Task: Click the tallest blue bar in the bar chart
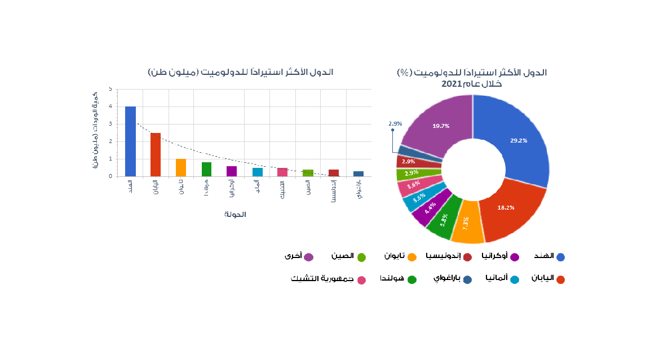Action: pyautogui.click(x=130, y=141)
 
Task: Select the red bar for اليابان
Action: pyautogui.click(x=156, y=154)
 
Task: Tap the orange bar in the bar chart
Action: pyautogui.click(x=181, y=167)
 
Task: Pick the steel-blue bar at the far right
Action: pyautogui.click(x=359, y=174)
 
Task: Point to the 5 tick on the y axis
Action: pyautogui.click(x=110, y=88)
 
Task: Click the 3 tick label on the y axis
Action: pyautogui.click(x=110, y=124)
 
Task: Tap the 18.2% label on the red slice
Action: pyautogui.click(x=505, y=207)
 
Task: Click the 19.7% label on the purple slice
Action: pyautogui.click(x=440, y=126)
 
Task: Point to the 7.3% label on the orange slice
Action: pyautogui.click(x=466, y=223)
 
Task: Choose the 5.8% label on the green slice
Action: pyautogui.click(x=445, y=219)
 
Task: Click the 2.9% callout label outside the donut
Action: pyautogui.click(x=395, y=123)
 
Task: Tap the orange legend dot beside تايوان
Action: pyautogui.click(x=411, y=257)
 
